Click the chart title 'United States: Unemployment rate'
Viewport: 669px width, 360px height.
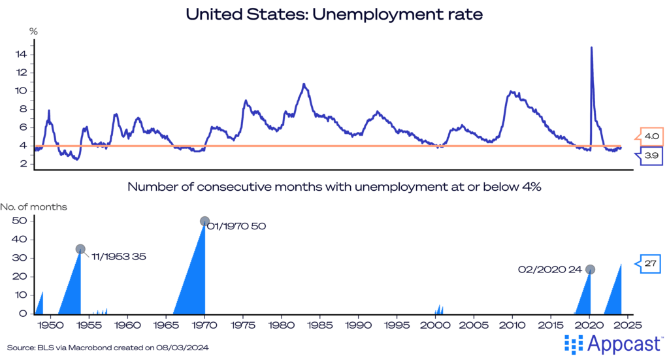click(x=334, y=14)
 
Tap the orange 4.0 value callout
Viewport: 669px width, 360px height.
click(x=651, y=137)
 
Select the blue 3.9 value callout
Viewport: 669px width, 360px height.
click(x=651, y=155)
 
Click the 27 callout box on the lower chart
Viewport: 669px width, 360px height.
click(x=651, y=263)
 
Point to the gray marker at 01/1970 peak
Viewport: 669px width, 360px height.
click(x=204, y=221)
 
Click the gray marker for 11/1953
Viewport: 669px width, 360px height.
click(x=80, y=249)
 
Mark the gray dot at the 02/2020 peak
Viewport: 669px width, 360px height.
click(x=590, y=269)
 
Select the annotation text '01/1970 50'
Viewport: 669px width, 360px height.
click(x=237, y=226)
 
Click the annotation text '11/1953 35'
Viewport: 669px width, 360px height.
click(x=114, y=256)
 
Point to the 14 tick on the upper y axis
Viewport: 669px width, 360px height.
click(x=21, y=54)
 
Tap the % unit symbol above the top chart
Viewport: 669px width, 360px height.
click(x=33, y=31)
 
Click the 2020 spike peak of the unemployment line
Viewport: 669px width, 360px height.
click(x=591, y=47)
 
